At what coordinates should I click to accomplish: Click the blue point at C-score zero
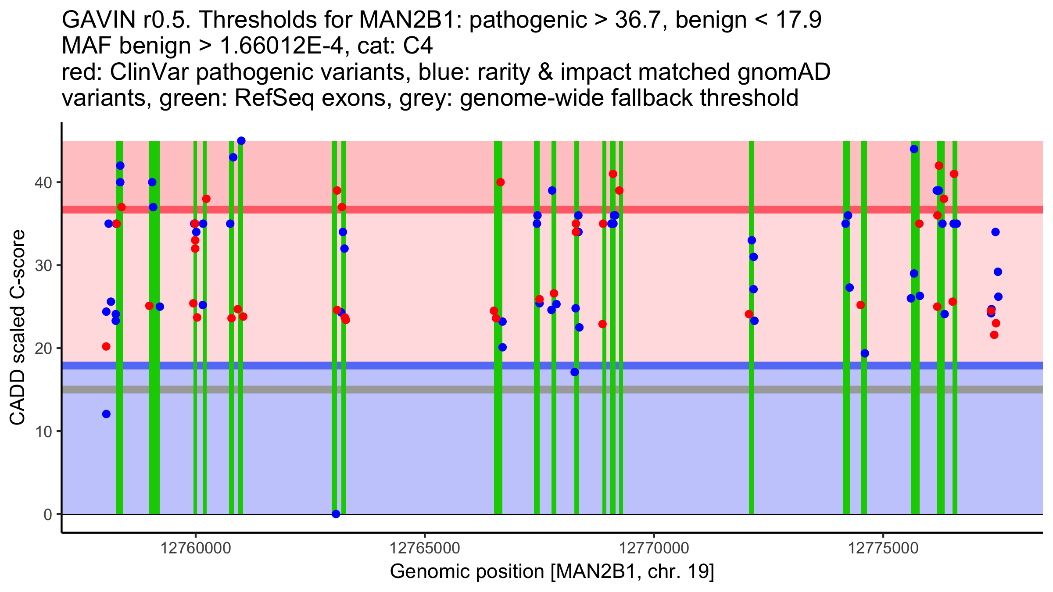click(336, 514)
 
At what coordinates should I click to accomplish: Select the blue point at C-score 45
click(241, 141)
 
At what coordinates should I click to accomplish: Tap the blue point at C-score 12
click(106, 414)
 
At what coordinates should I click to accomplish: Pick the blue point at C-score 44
click(914, 149)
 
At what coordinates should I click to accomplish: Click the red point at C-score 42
click(939, 166)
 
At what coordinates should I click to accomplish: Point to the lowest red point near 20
click(106, 346)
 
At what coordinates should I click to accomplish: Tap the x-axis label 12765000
click(425, 549)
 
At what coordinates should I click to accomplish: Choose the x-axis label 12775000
click(883, 549)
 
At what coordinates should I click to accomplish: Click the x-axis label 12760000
click(196, 549)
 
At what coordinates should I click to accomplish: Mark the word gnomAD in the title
click(784, 72)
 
